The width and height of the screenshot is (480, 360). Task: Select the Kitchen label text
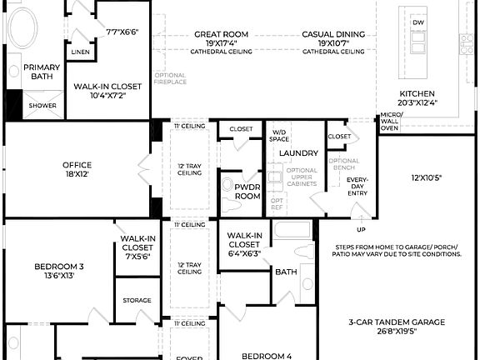point(417,93)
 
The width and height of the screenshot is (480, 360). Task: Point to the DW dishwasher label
point(418,22)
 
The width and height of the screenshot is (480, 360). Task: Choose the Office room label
point(77,165)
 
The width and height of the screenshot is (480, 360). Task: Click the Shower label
point(42,106)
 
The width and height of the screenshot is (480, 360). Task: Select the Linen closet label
point(81,52)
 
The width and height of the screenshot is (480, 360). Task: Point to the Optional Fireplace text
point(170,79)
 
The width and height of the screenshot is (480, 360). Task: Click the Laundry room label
point(298,153)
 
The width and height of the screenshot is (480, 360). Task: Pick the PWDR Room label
point(248,191)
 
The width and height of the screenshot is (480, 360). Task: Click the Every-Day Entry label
point(357,187)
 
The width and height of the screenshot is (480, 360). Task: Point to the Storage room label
point(137,300)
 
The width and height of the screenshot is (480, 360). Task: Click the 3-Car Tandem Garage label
point(397,322)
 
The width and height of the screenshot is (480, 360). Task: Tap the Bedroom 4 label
point(267,356)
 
